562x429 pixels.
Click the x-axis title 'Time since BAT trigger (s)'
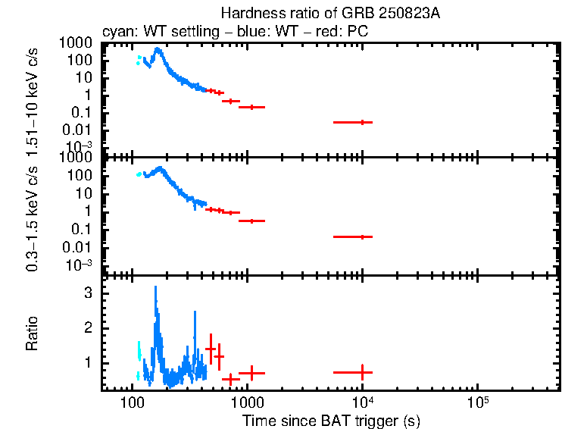[x=331, y=420]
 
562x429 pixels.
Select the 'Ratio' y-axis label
[x=33, y=333]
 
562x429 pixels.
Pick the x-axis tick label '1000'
[x=247, y=401]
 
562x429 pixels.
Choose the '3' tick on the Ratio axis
[x=88, y=292]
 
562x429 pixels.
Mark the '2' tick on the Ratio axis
[x=88, y=327]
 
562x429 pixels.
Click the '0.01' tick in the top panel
[x=78, y=129]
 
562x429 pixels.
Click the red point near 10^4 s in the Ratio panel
[x=362, y=372]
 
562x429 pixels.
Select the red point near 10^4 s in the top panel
[x=362, y=122]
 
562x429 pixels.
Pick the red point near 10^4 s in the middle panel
[x=362, y=236]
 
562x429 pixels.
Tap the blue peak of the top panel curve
[x=157, y=50]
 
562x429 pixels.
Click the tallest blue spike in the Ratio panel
[x=155, y=288]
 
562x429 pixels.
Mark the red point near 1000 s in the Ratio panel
[x=251, y=373]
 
